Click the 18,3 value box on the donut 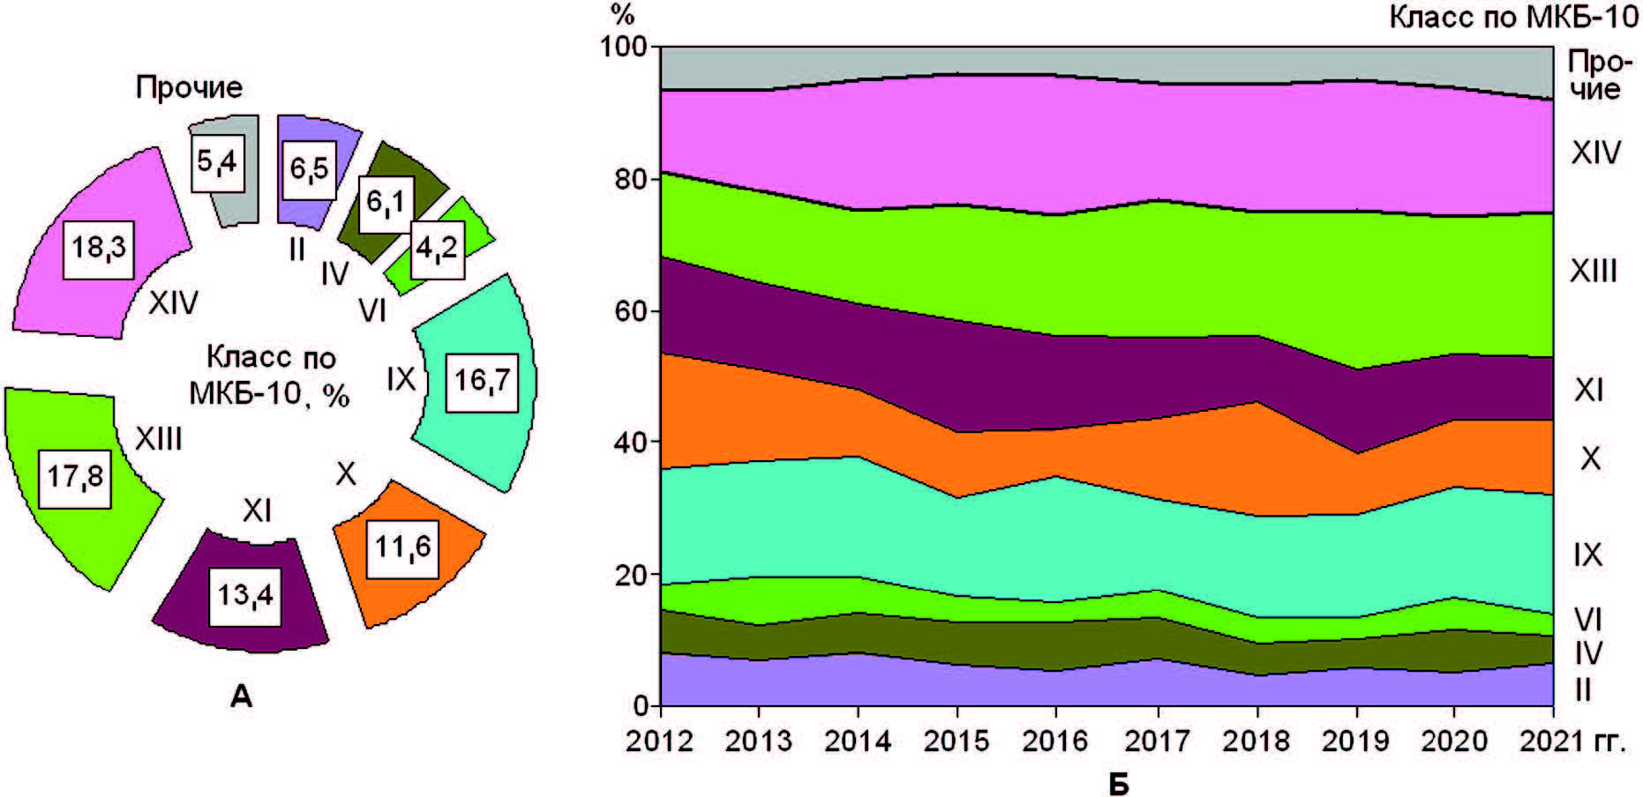click(99, 249)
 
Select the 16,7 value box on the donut click(481, 381)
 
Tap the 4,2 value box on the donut click(437, 250)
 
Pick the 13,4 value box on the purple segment click(245, 596)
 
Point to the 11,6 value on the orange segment click(403, 548)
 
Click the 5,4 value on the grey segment click(216, 162)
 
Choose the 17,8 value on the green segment click(75, 478)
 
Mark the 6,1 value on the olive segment click(386, 204)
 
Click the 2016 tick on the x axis click(1056, 741)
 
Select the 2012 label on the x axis click(659, 741)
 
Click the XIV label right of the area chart click(1595, 153)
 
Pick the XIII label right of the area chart click(1593, 271)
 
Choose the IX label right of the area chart click(1587, 555)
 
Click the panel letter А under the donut click(241, 698)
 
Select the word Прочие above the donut click(189, 87)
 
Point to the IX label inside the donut click(401, 380)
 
